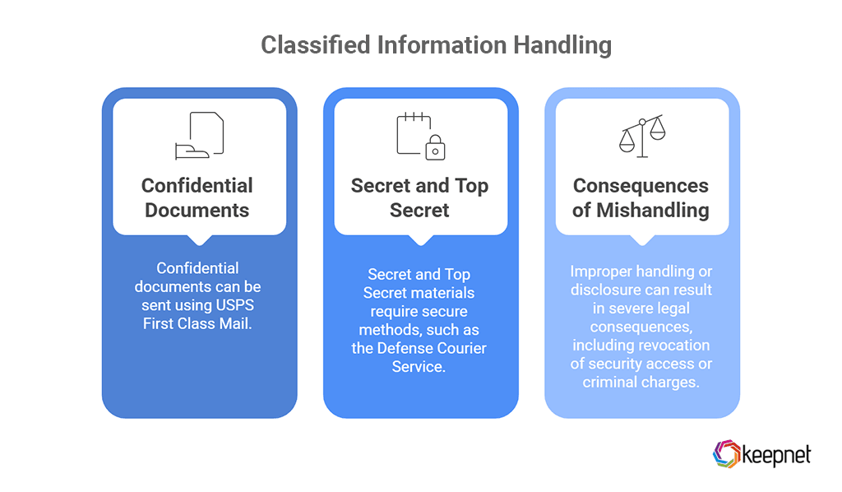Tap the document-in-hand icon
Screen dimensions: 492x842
pos(199,136)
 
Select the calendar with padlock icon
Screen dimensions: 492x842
pos(420,136)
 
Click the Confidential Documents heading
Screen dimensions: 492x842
pos(197,197)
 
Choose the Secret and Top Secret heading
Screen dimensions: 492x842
pos(419,197)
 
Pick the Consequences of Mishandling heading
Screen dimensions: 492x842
pos(641,197)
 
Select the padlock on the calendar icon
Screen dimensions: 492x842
pos(435,149)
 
